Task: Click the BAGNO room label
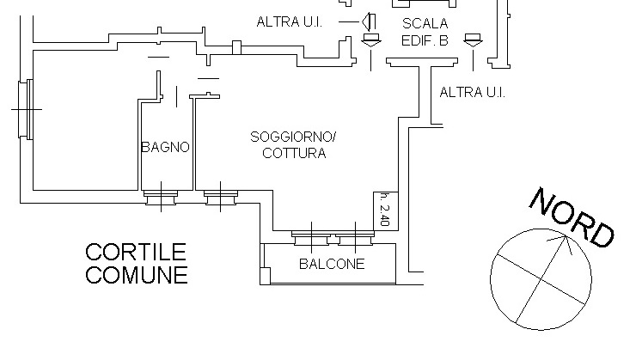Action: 165,147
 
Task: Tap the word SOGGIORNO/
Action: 293,137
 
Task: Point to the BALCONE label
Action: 331,264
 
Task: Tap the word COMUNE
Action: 136,276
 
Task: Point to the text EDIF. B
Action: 425,40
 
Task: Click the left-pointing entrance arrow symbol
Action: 367,21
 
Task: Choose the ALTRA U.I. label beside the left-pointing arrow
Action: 289,21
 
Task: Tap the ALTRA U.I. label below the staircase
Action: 472,92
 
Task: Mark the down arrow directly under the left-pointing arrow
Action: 370,40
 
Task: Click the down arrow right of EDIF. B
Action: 472,40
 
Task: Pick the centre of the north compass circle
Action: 540,278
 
